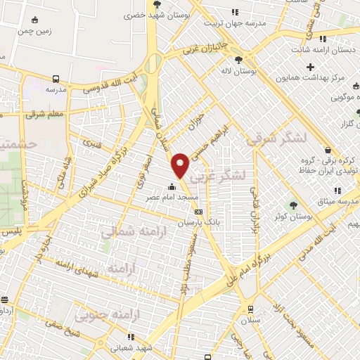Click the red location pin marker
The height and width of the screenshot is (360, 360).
tap(180, 165)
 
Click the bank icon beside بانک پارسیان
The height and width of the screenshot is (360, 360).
tap(198, 211)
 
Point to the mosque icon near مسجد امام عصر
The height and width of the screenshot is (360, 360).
tap(172, 187)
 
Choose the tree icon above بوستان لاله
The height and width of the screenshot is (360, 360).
tap(238, 60)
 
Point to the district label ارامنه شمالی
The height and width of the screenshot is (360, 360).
tap(128, 231)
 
